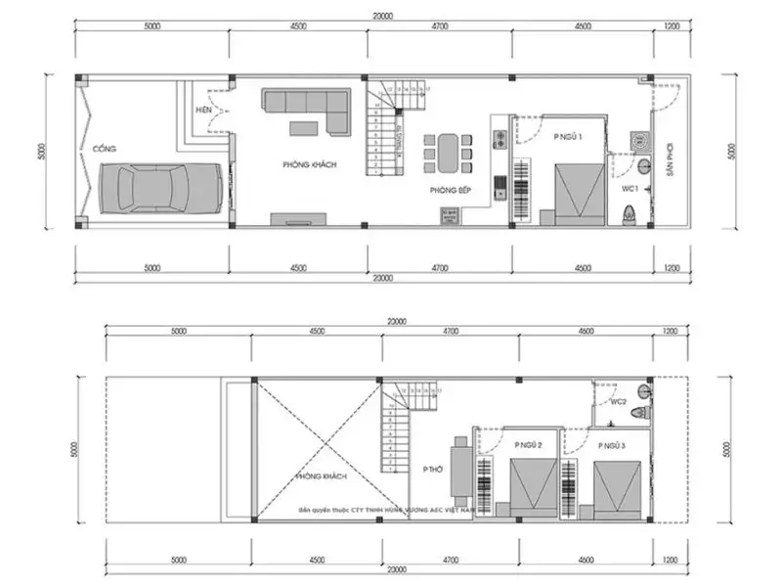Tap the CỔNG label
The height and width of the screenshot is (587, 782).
pyautogui.click(x=105, y=149)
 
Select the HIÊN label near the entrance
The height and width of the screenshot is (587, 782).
pyautogui.click(x=204, y=110)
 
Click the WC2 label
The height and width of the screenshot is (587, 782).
pyautogui.click(x=618, y=402)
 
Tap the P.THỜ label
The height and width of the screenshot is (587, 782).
pyautogui.click(x=433, y=470)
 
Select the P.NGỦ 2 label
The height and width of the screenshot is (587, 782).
pyautogui.click(x=529, y=446)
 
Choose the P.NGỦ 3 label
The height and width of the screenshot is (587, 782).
pyautogui.click(x=610, y=446)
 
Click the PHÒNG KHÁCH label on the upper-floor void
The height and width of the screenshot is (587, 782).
pyautogui.click(x=322, y=476)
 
